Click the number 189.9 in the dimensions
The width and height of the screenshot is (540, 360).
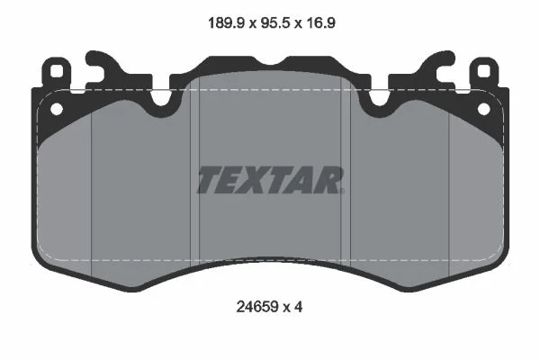pyautogui.click(x=226, y=23)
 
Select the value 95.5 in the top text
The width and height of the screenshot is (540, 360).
pyautogui.click(x=275, y=23)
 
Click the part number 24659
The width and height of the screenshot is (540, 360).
pyautogui.click(x=256, y=307)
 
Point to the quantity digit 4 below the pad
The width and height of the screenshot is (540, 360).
pyautogui.click(x=299, y=307)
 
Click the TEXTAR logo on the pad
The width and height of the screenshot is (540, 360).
pyautogui.click(x=270, y=180)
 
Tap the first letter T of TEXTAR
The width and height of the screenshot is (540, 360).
pyautogui.click(x=209, y=180)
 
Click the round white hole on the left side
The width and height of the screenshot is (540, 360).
pyautogui.click(x=57, y=109)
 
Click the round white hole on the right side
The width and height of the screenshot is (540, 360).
pyautogui.click(x=483, y=109)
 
